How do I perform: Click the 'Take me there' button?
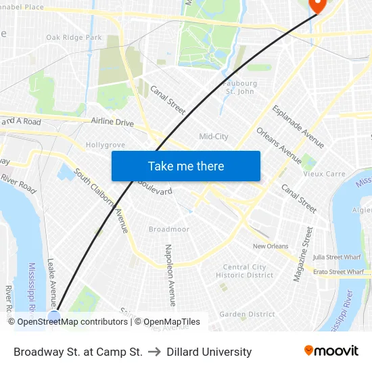[x=186, y=166]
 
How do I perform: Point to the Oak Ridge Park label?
[x=74, y=38]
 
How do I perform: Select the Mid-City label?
[x=214, y=137]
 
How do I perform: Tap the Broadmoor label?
[x=168, y=229]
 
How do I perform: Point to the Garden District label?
[x=247, y=314]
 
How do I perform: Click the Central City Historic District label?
[x=244, y=271]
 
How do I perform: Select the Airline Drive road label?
[x=112, y=122]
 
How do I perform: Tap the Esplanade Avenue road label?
[x=298, y=126]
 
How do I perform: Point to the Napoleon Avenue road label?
[x=170, y=275]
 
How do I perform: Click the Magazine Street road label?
[x=302, y=254]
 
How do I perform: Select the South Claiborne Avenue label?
[x=101, y=201]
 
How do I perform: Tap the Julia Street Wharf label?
[x=338, y=257]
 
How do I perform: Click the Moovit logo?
[x=331, y=351]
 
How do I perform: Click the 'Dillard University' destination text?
[x=209, y=352]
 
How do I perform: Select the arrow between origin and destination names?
[x=154, y=352]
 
